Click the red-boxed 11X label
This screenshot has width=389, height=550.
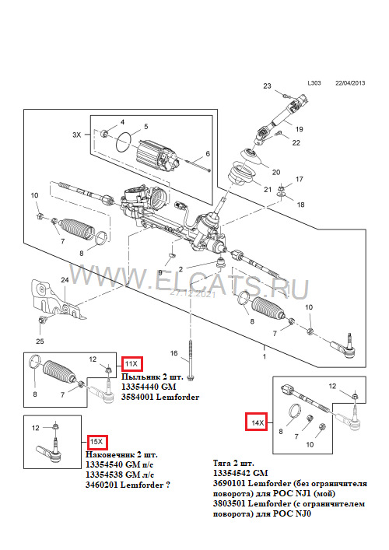tap(132, 364)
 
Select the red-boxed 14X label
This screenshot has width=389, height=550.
tap(258, 423)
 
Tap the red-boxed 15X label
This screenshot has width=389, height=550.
tap(96, 442)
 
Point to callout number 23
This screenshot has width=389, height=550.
tap(268, 86)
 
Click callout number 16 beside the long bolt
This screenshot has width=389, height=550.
tap(174, 353)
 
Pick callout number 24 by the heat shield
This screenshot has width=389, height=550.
tap(65, 280)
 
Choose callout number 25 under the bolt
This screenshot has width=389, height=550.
tap(40, 342)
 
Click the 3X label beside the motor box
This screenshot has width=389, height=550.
tap(76, 135)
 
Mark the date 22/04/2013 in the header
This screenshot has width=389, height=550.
tap(350, 83)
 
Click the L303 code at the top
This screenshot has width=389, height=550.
tap(314, 83)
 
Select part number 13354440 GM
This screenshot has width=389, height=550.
tap(149, 387)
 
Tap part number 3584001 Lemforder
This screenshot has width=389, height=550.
tap(160, 397)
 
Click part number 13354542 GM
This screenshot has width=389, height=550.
tap(240, 473)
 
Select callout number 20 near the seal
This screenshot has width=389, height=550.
tap(276, 172)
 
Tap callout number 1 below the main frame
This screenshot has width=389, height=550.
tap(264, 356)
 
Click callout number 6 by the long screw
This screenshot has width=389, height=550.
tap(208, 153)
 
